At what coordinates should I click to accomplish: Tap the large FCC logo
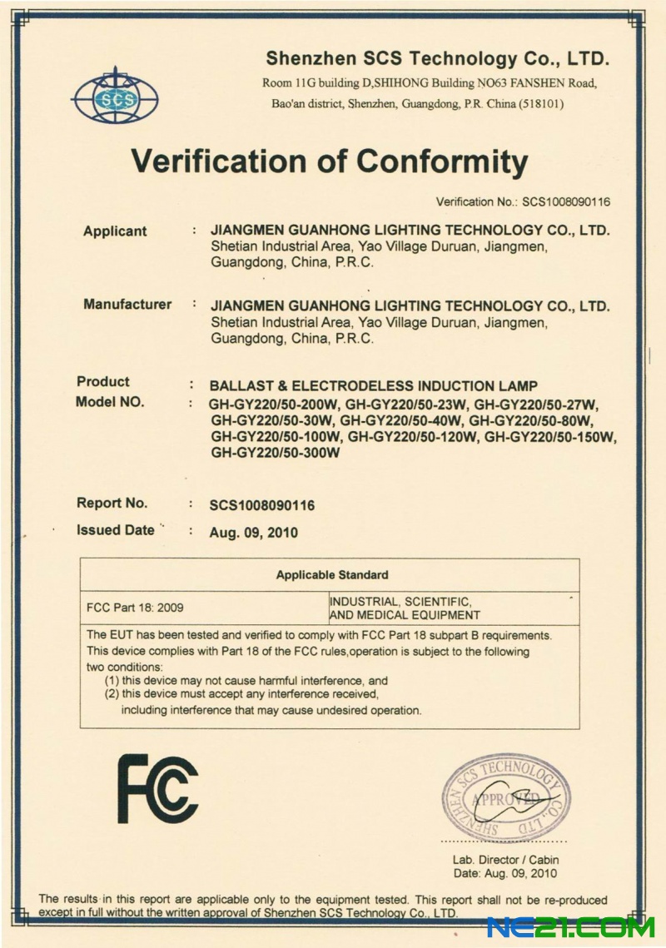coord(157,787)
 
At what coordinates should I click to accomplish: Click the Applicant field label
coord(115,231)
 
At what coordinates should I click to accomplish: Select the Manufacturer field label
coord(127,305)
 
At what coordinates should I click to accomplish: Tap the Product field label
coord(103,382)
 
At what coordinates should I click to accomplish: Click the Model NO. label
coord(110,402)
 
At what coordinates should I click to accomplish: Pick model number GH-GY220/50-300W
coord(276,454)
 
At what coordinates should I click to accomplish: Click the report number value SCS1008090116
coord(262,505)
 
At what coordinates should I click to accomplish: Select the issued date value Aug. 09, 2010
coord(254,533)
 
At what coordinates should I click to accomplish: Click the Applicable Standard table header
coord(331,575)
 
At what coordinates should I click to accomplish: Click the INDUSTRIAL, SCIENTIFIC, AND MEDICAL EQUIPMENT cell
coord(405,608)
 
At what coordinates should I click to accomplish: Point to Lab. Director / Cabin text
coord(505,860)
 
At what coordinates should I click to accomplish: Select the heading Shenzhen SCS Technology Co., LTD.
coord(437,59)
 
